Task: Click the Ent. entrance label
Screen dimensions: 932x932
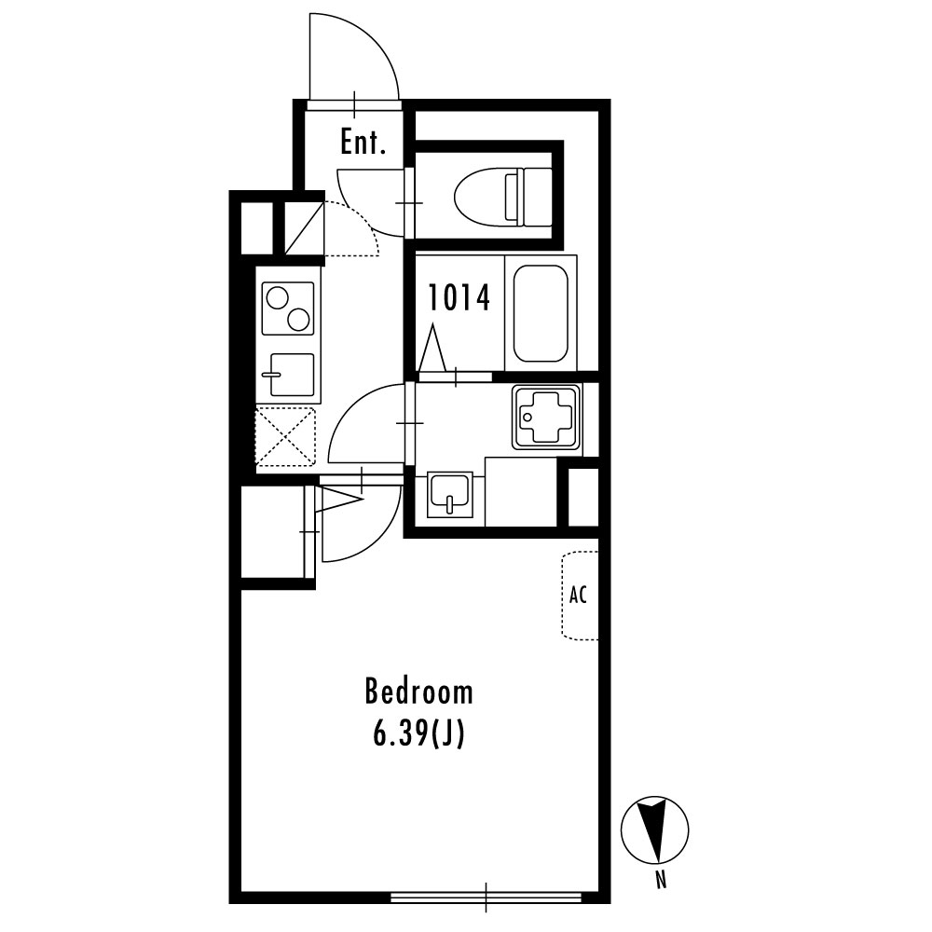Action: coord(363,143)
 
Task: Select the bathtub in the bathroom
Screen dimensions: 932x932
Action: coord(541,313)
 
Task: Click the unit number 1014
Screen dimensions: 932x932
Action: coord(459,298)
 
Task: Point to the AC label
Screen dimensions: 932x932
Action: coord(578,595)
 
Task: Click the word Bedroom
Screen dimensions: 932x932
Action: coord(419,692)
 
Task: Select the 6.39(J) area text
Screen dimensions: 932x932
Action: coord(418,734)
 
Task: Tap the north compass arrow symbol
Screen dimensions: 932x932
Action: coord(654,829)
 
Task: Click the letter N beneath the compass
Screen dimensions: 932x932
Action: coord(661,879)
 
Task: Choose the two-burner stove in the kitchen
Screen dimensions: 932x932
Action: coord(288,308)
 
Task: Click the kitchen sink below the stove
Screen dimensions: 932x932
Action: coord(291,375)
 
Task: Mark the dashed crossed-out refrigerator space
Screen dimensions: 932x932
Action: coord(285,435)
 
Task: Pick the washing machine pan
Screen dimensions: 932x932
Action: coord(546,418)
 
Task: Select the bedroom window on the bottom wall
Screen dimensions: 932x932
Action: coord(486,898)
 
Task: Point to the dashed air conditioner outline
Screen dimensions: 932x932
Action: coord(580,596)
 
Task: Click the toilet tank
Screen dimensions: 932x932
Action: coord(529,197)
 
